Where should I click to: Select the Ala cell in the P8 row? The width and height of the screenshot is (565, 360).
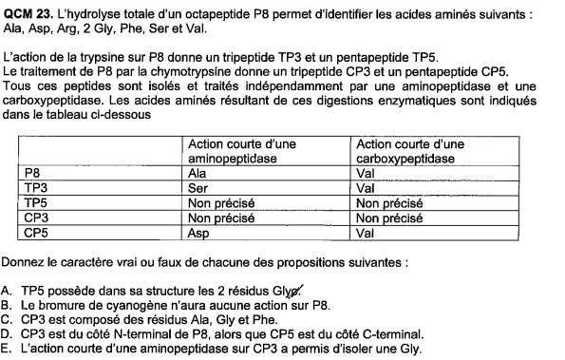tap(199, 175)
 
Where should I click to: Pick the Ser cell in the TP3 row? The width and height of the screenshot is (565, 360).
tap(199, 188)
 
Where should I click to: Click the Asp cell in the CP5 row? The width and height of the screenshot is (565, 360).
tap(200, 230)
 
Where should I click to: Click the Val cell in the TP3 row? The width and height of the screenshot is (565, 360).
tap(365, 188)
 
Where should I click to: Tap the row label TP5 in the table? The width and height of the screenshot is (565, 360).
tap(35, 202)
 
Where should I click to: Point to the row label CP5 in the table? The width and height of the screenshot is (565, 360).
tap(35, 230)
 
